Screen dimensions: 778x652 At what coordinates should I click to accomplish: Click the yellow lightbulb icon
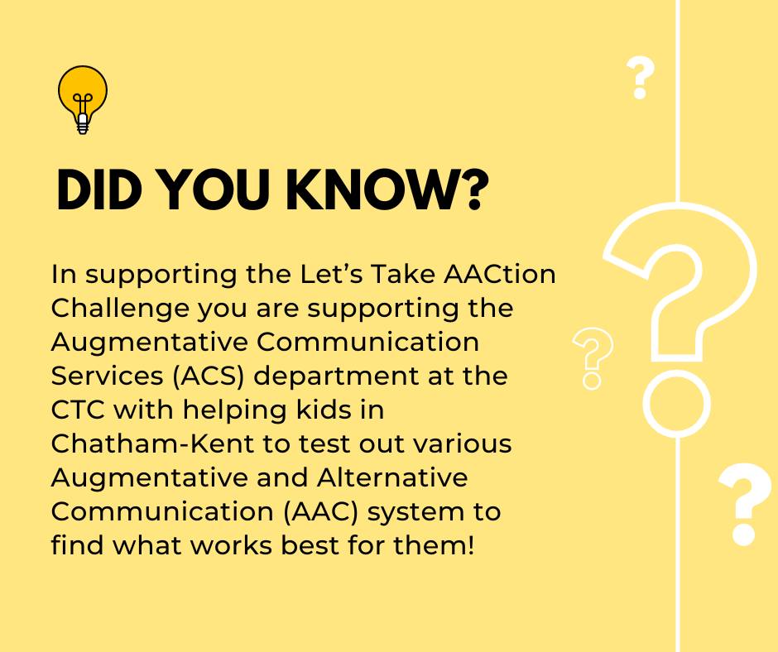[x=83, y=99]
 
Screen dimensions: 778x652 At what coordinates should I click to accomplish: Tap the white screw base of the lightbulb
[x=83, y=124]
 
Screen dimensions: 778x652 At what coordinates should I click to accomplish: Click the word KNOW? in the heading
[x=387, y=190]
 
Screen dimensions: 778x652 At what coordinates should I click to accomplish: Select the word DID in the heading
[x=99, y=190]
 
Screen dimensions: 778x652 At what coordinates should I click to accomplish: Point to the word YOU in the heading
[x=214, y=190]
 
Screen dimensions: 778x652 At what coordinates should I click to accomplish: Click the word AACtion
[x=500, y=275]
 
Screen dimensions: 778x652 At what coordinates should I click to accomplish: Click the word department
[x=336, y=377]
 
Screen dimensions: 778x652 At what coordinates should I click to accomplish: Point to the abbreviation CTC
[x=78, y=410]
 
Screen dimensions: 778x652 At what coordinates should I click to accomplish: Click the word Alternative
[x=392, y=478]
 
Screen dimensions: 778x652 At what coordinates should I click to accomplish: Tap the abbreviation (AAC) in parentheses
[x=321, y=512]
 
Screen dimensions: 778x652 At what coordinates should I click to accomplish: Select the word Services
[x=107, y=376]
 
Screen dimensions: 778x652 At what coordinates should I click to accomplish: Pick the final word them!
[x=435, y=545]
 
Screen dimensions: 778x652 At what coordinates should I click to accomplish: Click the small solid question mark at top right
[x=641, y=78]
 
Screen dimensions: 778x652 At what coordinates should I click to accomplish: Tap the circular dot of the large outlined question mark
[x=677, y=404]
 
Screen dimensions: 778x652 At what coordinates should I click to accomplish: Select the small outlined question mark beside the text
[x=593, y=358]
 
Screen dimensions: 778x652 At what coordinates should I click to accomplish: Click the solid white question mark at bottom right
[x=745, y=505]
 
